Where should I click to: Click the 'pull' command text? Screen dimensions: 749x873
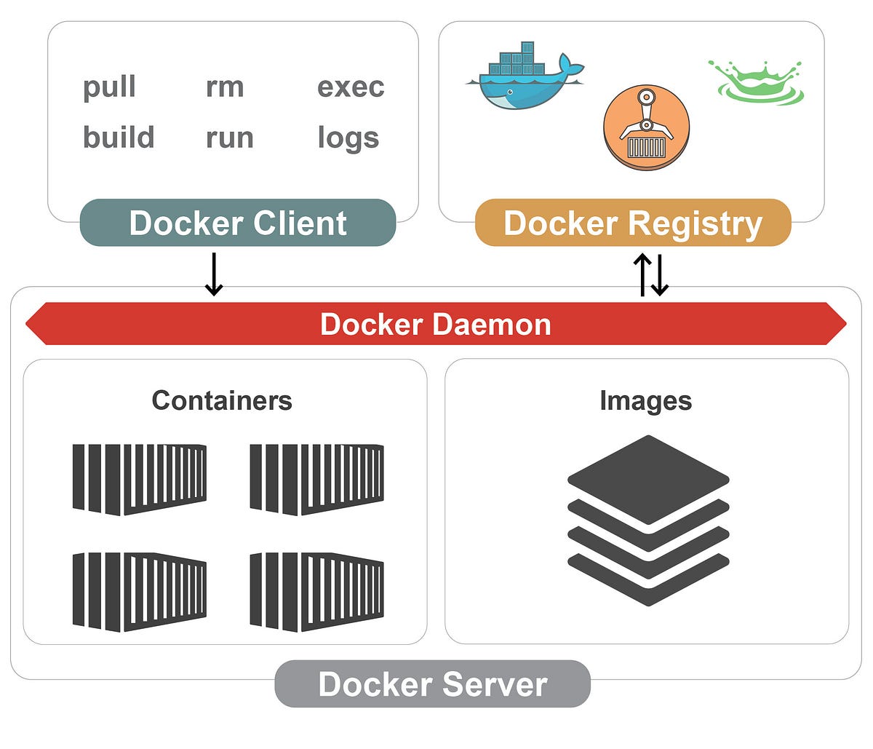coord(109,87)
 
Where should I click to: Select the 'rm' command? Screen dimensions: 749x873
coord(224,87)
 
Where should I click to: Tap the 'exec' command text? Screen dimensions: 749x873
coord(351,87)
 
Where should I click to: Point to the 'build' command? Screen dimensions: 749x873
coord(119,137)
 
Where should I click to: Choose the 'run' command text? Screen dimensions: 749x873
coord(229,138)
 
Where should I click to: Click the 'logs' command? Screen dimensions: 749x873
coord(348,138)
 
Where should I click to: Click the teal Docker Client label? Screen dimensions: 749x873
coord(238,223)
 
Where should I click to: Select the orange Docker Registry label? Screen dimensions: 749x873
coord(632,223)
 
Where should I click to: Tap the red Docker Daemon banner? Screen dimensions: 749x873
coord(436,324)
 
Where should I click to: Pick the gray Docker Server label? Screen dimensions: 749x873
coord(432,684)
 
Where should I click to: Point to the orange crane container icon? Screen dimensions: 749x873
coord(646,127)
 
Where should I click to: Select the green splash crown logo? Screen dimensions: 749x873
coord(757,80)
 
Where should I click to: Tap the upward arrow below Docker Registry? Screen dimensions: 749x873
coord(642,274)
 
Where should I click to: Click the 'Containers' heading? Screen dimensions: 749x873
coord(222,400)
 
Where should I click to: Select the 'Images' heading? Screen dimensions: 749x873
coord(645,400)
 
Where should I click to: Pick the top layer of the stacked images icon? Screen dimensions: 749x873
coord(647,477)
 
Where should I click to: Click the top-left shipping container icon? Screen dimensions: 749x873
coord(139,479)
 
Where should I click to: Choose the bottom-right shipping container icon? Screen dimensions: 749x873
coord(316,591)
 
